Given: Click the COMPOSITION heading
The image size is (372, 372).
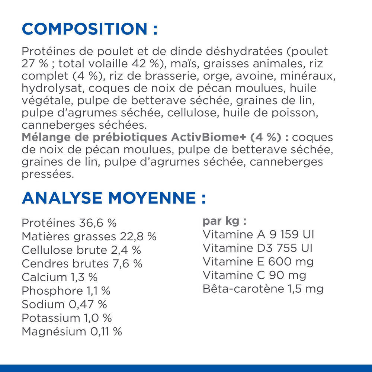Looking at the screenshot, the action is [x=90, y=29].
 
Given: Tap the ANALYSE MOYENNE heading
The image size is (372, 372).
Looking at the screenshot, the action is [x=113, y=198].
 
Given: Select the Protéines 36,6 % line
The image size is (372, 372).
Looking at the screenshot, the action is [x=69, y=223].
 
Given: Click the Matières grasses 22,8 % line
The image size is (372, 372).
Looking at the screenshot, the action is [x=89, y=236].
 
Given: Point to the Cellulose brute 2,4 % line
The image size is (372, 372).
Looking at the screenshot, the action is [x=81, y=250].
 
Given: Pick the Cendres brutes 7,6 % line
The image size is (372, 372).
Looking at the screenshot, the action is [x=82, y=264].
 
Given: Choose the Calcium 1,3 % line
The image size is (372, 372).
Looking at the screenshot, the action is [x=60, y=277].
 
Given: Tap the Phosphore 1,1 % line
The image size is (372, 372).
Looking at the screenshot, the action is [x=66, y=291].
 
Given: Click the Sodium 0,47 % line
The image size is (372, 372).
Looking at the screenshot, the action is [x=64, y=304].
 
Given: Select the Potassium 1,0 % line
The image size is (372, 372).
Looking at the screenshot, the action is [x=67, y=318].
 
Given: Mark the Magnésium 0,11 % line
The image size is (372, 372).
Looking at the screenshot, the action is [x=72, y=331].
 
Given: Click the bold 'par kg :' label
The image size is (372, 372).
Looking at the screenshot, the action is [x=224, y=221].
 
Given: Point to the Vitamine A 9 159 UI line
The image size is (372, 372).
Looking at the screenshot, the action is [x=259, y=235].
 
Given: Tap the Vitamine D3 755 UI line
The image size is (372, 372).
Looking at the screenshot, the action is [x=257, y=248].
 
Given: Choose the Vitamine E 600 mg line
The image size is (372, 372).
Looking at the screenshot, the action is [x=258, y=262].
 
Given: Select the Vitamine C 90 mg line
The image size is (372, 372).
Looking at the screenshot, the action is [x=254, y=275].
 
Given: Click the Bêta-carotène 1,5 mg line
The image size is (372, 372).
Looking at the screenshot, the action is [x=263, y=289].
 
